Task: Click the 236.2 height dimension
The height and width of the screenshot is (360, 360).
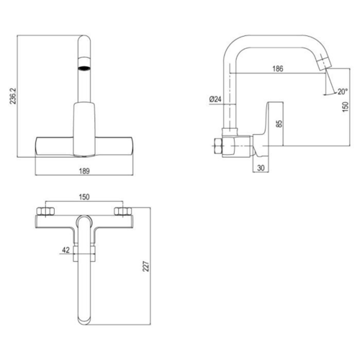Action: coord(13,96)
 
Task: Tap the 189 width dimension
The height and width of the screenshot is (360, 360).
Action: coord(84,171)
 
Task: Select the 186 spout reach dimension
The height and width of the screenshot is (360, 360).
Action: coord(278,68)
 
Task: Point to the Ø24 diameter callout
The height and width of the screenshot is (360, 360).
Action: coord(215,99)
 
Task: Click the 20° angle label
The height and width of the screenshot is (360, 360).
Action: coord(343,91)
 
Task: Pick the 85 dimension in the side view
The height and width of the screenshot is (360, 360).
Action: coord(279,124)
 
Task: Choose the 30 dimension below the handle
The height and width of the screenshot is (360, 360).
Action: coord(261,168)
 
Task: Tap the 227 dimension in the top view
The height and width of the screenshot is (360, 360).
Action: coord(146,266)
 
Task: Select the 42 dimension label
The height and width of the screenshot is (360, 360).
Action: coord(66,250)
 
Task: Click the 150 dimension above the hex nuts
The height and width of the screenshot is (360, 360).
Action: coord(84,197)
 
